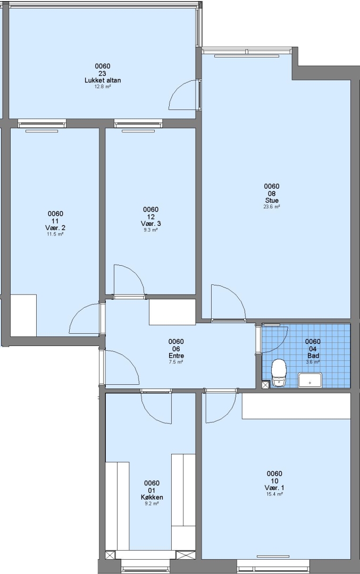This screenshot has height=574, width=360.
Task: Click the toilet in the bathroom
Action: pos(279,373)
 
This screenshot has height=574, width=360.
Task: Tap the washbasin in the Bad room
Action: pos(310,380)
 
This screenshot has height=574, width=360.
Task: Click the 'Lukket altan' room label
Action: pos(103,81)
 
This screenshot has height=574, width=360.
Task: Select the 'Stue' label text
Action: pos(272,200)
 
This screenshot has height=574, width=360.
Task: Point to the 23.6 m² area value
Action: pos(272,207)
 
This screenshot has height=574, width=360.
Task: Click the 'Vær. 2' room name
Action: pos(55,228)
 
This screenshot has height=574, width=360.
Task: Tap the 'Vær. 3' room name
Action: pos(150,224)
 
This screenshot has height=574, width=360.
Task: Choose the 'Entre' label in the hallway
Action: pos(176,356)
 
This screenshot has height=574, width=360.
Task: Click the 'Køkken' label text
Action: pos(152,497)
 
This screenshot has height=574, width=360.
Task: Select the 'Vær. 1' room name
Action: pos(274,488)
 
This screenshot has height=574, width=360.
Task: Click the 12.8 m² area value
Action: pos(103,87)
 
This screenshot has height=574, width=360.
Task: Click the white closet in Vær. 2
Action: pos(23,315)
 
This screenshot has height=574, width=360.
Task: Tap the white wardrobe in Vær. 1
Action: pos(296,406)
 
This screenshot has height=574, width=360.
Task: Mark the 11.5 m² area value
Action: pos(55,234)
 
